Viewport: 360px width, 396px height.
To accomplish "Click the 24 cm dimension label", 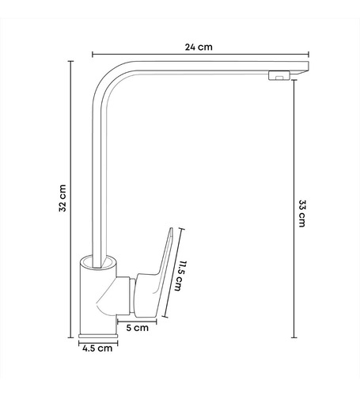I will point(199,47).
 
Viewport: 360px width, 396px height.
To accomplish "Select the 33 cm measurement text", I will point(301,211).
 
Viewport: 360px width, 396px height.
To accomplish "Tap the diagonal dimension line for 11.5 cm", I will point(172,274).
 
